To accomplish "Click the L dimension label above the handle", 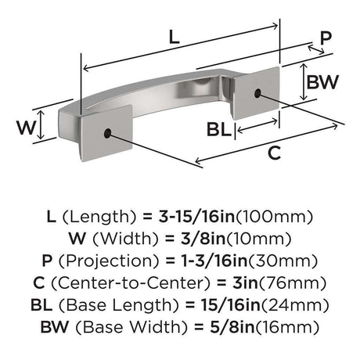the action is (175, 37).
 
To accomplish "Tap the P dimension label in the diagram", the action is (326, 38).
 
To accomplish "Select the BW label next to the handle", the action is (322, 81).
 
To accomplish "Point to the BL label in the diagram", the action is (219, 129).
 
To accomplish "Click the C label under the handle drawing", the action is (274, 153).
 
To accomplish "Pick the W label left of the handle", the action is (26, 128).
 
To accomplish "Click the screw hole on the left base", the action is (107, 133).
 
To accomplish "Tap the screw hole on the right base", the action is (257, 93).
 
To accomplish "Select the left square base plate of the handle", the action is (106, 132).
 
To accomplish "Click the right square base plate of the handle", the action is (257, 93).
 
